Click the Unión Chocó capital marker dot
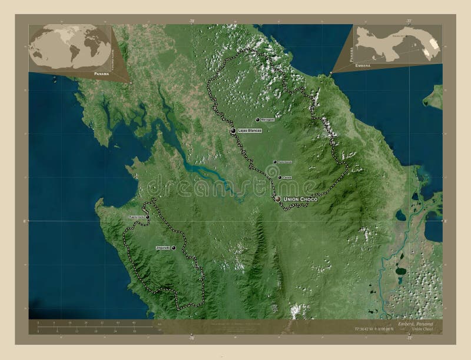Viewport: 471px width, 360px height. (278, 200)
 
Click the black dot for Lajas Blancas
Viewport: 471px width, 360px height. (234, 131)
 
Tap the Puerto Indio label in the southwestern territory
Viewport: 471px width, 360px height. (136, 218)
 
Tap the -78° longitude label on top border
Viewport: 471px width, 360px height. (191, 21)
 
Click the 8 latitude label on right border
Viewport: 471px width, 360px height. (445, 221)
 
